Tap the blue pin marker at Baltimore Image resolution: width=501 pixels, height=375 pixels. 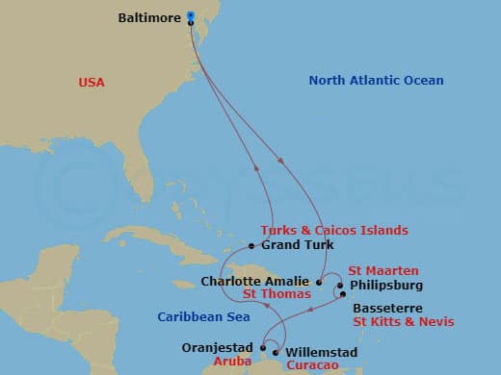coord(191,16)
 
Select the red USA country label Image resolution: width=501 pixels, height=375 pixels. coord(92,83)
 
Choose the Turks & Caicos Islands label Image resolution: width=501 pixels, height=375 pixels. coord(333,231)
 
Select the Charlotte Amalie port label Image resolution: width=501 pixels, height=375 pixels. coord(256,282)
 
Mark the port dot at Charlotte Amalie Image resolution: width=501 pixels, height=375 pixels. coord(319,282)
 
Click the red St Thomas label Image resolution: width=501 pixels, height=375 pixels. coord(277,294)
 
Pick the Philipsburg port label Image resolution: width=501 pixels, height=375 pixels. coord(385,285)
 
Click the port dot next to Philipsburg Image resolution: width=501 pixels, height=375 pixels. coord(341,285)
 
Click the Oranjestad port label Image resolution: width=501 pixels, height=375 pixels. coord(217,347)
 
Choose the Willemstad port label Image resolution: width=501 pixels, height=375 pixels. coord(323,353)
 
